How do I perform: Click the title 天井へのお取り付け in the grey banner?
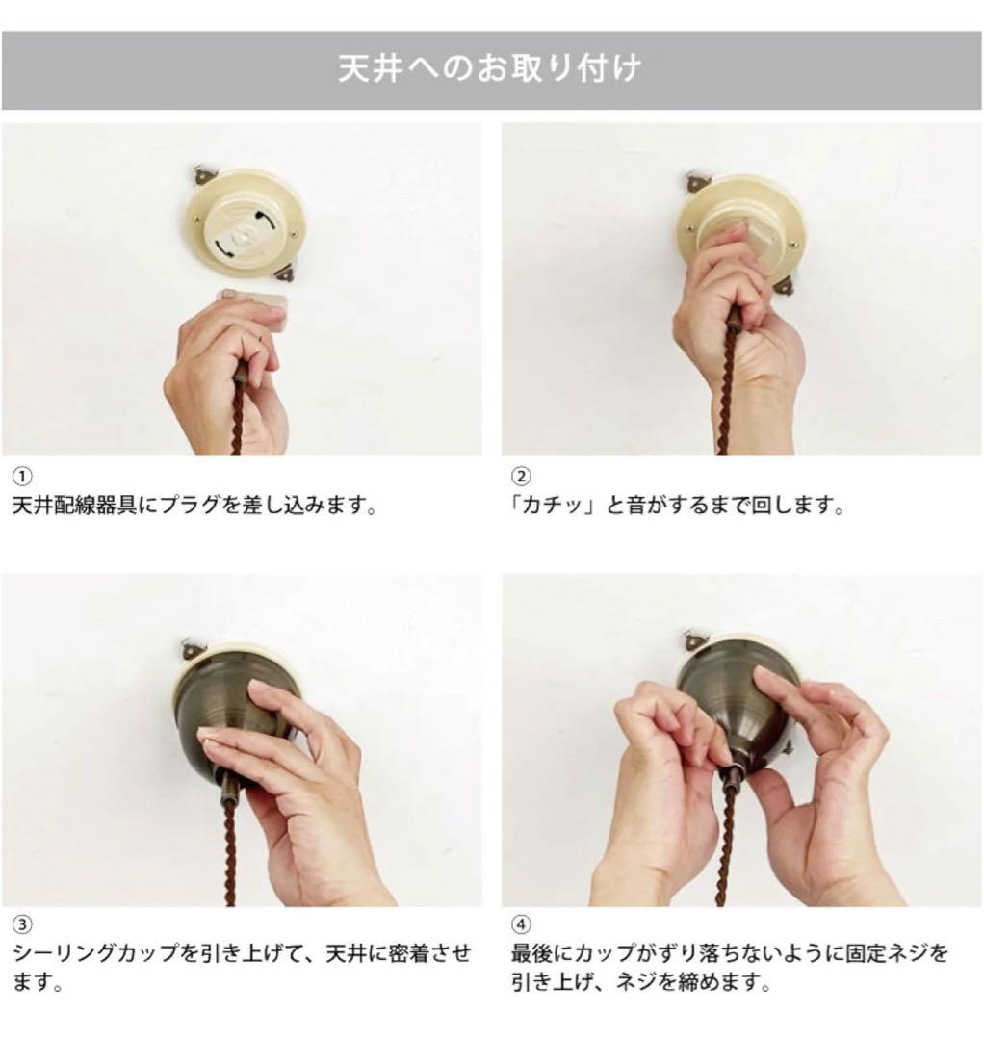490,69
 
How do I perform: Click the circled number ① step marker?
22,477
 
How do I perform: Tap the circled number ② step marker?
521,477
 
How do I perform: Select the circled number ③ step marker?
22,924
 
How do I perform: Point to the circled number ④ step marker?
521,924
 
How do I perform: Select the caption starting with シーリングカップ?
242,968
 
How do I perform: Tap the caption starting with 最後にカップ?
730,968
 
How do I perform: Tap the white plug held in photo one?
254,306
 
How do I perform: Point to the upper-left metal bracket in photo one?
202,175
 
